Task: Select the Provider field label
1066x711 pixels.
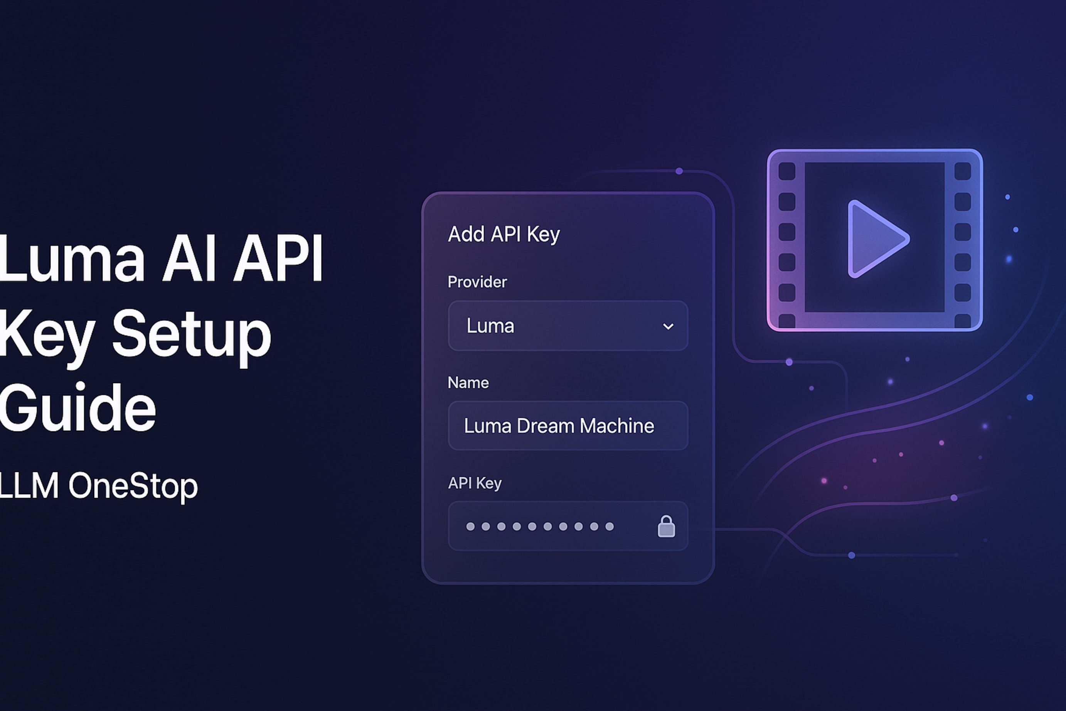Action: click(x=477, y=282)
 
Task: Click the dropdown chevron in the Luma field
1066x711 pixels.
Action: click(x=668, y=326)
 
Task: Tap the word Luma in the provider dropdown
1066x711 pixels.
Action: click(x=490, y=326)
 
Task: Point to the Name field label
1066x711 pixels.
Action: click(x=468, y=383)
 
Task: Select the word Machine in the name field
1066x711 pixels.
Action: click(x=616, y=426)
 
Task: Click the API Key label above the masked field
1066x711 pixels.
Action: click(x=474, y=483)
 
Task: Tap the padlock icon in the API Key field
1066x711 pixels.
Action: click(x=666, y=527)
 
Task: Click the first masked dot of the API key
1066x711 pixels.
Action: click(x=470, y=527)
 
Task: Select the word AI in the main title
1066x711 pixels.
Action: click(x=189, y=259)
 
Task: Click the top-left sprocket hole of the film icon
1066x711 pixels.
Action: click(x=786, y=171)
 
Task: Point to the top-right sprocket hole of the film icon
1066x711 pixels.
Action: click(x=962, y=171)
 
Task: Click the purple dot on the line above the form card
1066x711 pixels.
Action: click(x=679, y=171)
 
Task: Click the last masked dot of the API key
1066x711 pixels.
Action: click(x=610, y=527)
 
